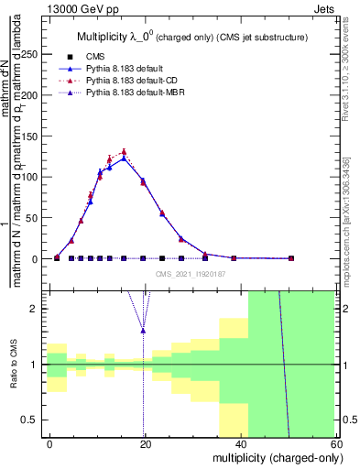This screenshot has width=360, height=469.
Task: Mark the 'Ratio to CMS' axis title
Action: [12, 364]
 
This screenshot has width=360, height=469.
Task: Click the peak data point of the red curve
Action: [124, 152]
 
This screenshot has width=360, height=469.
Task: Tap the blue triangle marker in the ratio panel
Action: [143, 330]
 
